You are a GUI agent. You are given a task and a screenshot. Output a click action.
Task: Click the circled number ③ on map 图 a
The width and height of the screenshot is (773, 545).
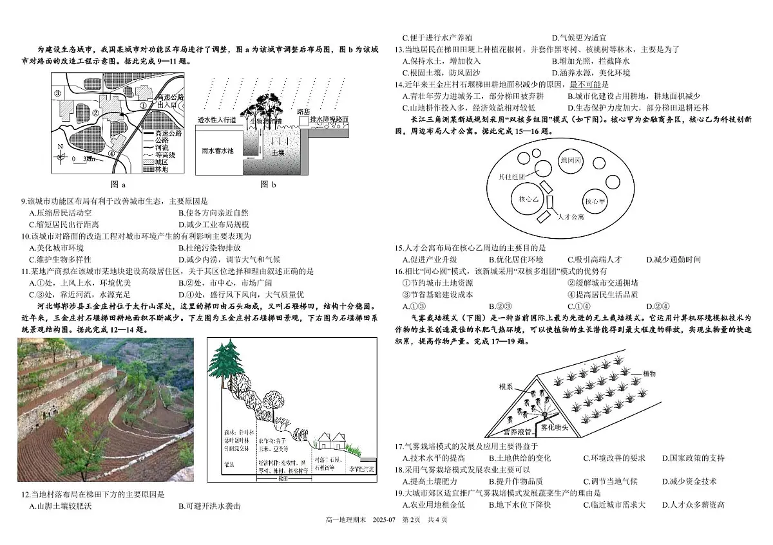pos(58,94)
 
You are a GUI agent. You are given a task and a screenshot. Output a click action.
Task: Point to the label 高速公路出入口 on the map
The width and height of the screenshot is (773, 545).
pos(162,100)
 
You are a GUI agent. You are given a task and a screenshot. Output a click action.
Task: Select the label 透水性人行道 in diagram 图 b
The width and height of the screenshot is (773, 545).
pos(216,120)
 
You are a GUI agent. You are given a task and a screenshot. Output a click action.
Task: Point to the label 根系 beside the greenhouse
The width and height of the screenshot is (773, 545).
pos(506,387)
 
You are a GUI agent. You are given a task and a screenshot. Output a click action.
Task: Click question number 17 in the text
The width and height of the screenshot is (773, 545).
pos(399,446)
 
